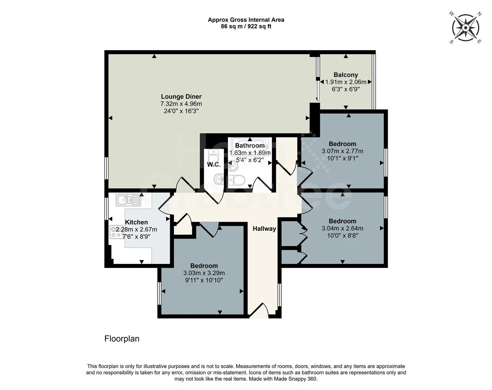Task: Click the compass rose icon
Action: (466, 27)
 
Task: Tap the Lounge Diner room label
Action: (181, 96)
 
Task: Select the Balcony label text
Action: (346, 75)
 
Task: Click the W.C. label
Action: (213, 165)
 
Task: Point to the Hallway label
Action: (264, 229)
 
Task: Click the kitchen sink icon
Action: (128, 200)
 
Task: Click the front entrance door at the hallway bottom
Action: (259, 311)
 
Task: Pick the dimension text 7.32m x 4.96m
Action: (181, 104)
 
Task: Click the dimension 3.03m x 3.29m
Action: (204, 273)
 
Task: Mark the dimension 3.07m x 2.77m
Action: (342, 151)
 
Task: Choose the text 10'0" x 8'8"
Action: (342, 235)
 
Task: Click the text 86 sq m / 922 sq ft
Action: (246, 26)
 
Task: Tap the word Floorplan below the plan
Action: (122, 339)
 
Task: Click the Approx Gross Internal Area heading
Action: (246, 20)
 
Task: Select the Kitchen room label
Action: (136, 222)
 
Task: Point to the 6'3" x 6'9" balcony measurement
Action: (346, 89)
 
